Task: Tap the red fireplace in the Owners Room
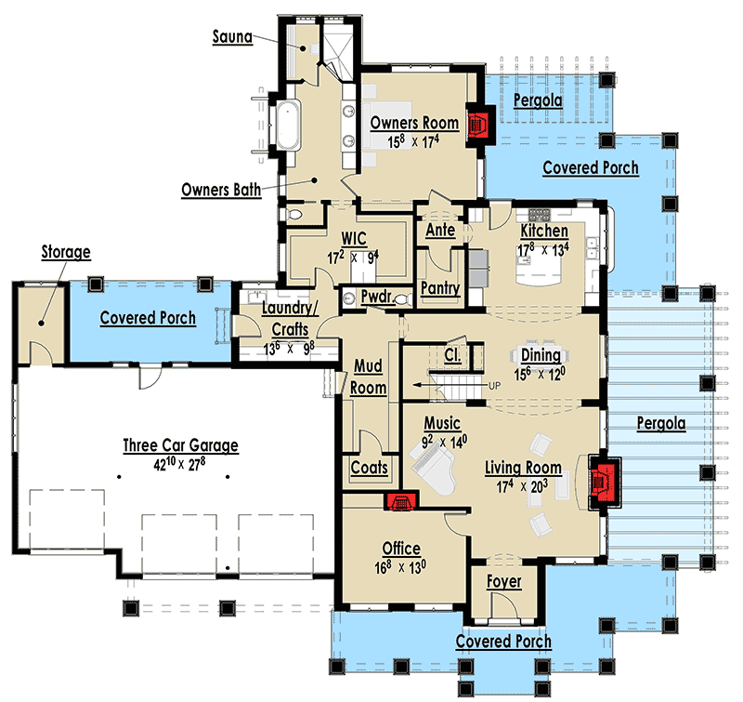pos(479,125)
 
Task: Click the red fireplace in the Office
pos(401,502)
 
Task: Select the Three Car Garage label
pos(180,445)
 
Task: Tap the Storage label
pos(65,251)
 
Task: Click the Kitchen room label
pos(543,230)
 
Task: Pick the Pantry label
pos(439,288)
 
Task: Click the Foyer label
pos(503,581)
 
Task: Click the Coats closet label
pos(369,468)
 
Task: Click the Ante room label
pos(439,230)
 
